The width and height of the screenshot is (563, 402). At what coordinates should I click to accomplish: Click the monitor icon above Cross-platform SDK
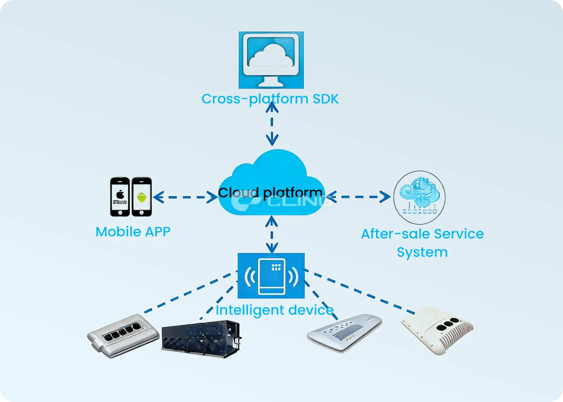pyautogui.click(x=271, y=60)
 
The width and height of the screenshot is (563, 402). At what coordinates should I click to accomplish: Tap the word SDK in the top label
pyautogui.click(x=325, y=99)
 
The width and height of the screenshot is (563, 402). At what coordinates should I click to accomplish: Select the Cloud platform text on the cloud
pyautogui.click(x=270, y=192)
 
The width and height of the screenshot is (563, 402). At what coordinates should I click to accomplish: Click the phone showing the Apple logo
pyautogui.click(x=120, y=197)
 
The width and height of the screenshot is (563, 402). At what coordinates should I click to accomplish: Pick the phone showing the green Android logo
pyautogui.click(x=142, y=197)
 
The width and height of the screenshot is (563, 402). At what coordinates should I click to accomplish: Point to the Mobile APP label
pyautogui.click(x=133, y=232)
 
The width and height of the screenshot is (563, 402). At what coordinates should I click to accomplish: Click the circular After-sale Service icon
pyautogui.click(x=419, y=197)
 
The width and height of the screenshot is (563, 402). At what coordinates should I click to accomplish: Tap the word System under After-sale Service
pyautogui.click(x=422, y=252)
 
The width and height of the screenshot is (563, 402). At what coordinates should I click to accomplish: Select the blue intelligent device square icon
pyautogui.click(x=271, y=276)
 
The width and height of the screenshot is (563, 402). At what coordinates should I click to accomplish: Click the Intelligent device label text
pyautogui.click(x=274, y=310)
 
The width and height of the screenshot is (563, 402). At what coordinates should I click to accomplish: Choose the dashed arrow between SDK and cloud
pyautogui.click(x=272, y=123)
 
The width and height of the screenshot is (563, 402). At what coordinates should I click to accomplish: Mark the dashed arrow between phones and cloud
pyautogui.click(x=185, y=197)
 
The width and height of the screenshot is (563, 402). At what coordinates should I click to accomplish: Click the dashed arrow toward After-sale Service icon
pyautogui.click(x=358, y=197)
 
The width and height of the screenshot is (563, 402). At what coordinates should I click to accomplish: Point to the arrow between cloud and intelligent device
pyautogui.click(x=272, y=234)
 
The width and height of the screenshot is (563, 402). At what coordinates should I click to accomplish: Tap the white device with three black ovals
pyautogui.click(x=438, y=330)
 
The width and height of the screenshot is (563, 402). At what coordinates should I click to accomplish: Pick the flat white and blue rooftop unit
pyautogui.click(x=344, y=332)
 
